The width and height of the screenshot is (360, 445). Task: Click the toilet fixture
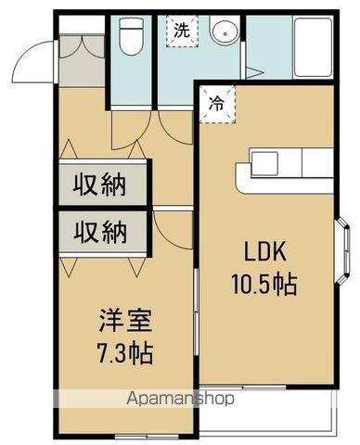(x=132, y=36)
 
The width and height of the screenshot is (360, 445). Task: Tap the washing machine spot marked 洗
(x=182, y=32)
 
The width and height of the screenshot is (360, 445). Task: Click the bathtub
(x=313, y=47)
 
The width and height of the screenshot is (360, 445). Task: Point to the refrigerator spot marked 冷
(x=217, y=105)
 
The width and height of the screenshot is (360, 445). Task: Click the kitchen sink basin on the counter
(x=264, y=164)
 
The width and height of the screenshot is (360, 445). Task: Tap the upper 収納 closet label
(x=99, y=185)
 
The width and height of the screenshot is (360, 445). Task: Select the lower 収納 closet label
(x=100, y=232)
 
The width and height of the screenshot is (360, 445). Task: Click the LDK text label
(x=264, y=251)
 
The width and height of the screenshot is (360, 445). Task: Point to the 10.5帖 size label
(x=264, y=284)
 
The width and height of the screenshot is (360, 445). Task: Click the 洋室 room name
(x=125, y=322)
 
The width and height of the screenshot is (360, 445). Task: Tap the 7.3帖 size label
(x=125, y=353)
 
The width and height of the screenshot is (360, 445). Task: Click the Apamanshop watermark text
(x=181, y=399)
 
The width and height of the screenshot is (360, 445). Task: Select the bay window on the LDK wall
(x=343, y=251)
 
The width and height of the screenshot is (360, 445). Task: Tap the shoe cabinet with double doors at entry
(x=82, y=60)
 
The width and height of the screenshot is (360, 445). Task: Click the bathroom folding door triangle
(x=253, y=73)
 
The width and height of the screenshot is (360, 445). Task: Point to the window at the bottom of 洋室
(x=147, y=437)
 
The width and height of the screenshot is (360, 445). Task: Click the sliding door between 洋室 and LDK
(x=196, y=312)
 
